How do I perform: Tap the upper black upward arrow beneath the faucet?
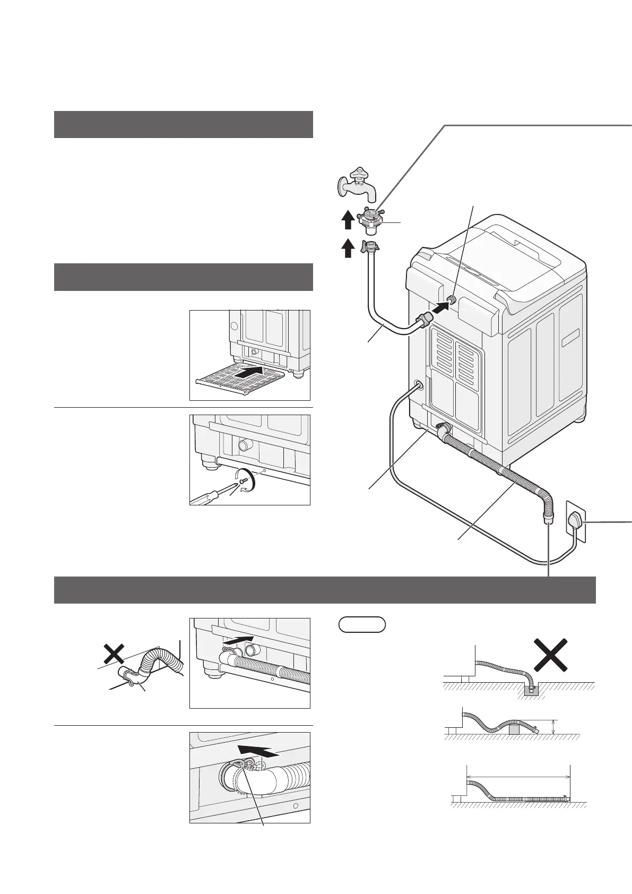click(x=347, y=219)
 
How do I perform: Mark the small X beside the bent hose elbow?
click(x=114, y=654)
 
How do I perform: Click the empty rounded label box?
click(x=362, y=625)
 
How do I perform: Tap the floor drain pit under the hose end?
click(x=531, y=690)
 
